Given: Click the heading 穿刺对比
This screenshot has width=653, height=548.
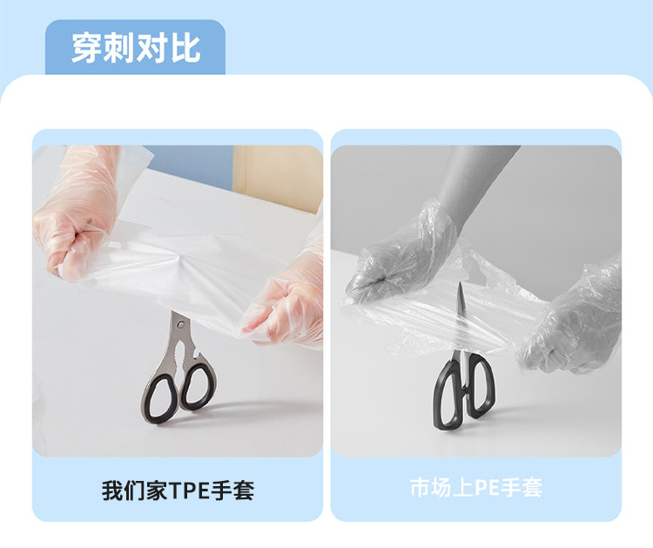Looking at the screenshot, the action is click(x=136, y=48).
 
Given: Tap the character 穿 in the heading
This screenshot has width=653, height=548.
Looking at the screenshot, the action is click(x=86, y=48).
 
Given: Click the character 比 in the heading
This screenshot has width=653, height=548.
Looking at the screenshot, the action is click(x=185, y=48).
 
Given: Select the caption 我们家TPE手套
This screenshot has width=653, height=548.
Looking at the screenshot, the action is click(x=178, y=490).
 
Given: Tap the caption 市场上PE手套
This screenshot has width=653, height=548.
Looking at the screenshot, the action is click(x=476, y=488).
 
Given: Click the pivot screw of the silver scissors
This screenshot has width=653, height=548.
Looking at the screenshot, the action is click(x=180, y=324).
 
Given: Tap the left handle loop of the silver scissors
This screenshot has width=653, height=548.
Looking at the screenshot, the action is click(x=158, y=396).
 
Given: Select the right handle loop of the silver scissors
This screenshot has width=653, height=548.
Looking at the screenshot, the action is click(x=199, y=385).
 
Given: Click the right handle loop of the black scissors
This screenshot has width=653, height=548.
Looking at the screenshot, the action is click(x=481, y=385).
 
